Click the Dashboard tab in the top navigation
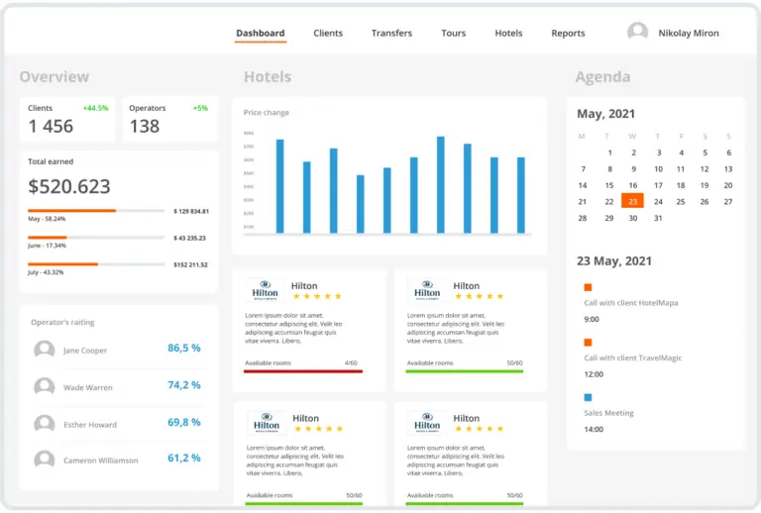pos(261,33)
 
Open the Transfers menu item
pos(391,33)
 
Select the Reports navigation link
pos(568,33)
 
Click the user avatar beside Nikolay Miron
pos(637,33)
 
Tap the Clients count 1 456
pos(51,126)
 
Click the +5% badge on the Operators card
pos(200,108)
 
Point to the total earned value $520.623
pos(69,186)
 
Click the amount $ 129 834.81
pos(191,211)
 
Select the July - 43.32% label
pos(47,272)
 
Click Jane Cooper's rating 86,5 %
pos(183,349)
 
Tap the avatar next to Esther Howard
pos(45,424)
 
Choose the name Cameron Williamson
pos(100,461)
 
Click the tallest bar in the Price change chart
pos(440,184)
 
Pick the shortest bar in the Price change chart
pos(360,203)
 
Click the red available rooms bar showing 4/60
pos(303,371)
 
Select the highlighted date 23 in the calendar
pos(632,201)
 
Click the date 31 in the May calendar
pos(657,218)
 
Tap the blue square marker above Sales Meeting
pos(588,397)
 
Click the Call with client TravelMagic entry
pos(632,358)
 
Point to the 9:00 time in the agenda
pos(592,320)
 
